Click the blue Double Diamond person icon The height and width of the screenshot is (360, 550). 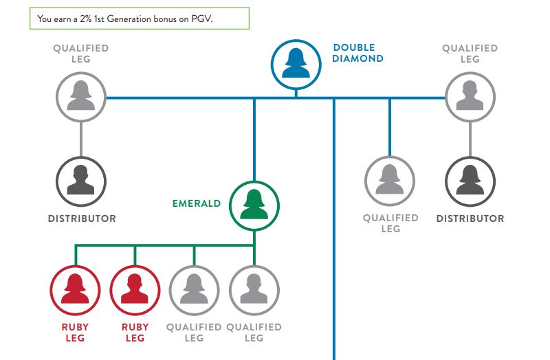tap(296, 65)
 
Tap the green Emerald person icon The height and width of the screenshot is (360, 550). tap(254, 206)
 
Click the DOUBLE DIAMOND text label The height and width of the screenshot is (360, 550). tap(357, 53)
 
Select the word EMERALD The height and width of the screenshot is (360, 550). tap(197, 203)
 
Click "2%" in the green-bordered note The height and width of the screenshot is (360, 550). tap(85, 19)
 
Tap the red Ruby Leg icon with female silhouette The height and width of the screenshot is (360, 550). tap(75, 291)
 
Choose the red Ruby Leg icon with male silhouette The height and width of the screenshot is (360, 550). tap(135, 291)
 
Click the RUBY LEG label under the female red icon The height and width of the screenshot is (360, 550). tap(75, 333)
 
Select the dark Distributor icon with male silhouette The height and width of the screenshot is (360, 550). tap(81, 181)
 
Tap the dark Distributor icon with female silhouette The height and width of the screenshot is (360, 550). tap(470, 181)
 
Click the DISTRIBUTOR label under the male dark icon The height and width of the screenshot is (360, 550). tap(82, 218)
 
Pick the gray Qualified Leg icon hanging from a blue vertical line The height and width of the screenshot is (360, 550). tap(390, 181)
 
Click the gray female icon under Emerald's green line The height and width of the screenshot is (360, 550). tap(195, 291)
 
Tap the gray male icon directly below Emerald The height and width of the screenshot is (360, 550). tap(254, 291)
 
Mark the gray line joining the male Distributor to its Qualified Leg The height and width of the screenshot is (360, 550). tap(81, 139)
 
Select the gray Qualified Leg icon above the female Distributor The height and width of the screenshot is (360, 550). tap(470, 97)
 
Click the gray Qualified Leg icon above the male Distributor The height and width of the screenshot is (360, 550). tap(81, 97)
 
